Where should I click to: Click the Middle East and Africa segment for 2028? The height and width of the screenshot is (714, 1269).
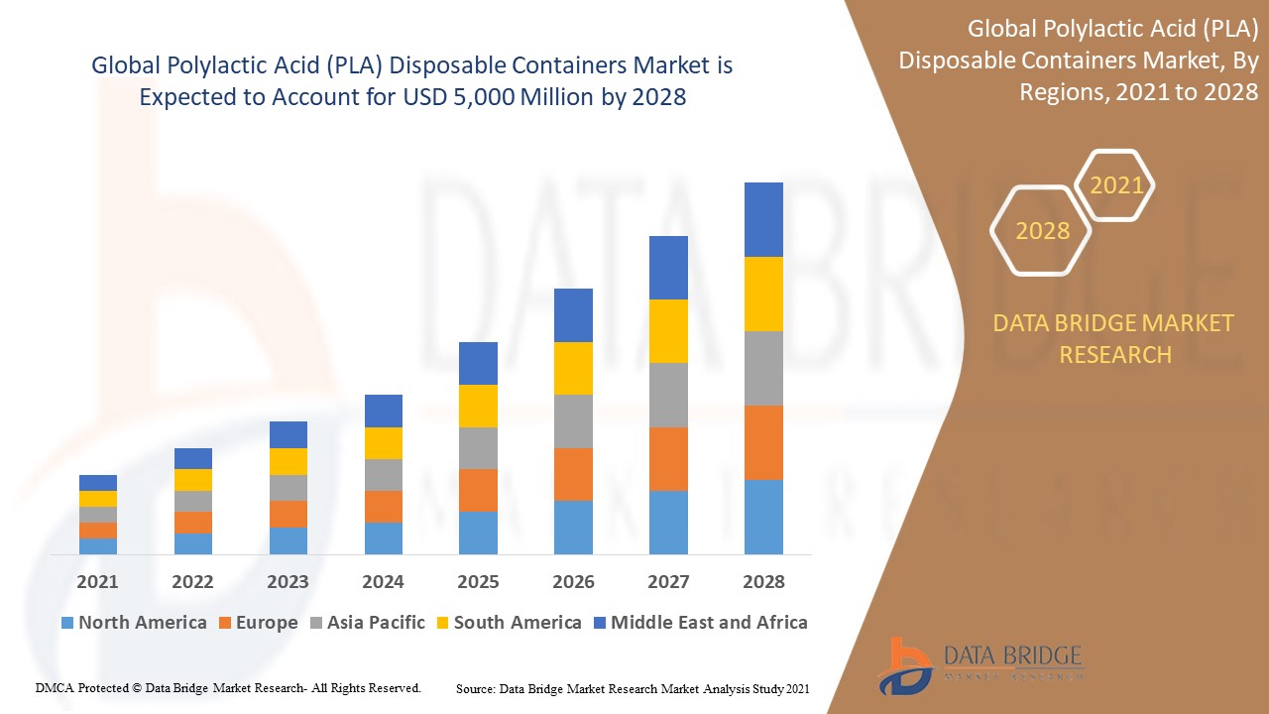tap(763, 219)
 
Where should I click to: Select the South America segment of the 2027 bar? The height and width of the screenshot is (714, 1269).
tap(668, 331)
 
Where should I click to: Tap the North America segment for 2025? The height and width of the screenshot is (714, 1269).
tap(478, 533)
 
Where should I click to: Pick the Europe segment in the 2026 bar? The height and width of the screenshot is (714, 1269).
tap(573, 474)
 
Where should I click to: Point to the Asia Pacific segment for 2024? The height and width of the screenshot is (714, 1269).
tap(384, 475)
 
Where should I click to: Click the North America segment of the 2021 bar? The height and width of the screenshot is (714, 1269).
tap(98, 545)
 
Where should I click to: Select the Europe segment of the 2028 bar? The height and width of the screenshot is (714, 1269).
tap(763, 442)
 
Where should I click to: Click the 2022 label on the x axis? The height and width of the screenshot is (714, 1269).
tap(192, 582)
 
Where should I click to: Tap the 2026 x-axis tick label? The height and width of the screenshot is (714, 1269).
tap(573, 582)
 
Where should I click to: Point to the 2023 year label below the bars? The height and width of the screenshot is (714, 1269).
tap(288, 582)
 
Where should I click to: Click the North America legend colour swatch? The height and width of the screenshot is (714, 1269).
tap(67, 623)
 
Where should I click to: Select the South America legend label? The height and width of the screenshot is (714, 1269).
tap(517, 623)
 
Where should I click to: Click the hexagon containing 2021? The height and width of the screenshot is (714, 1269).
tap(1116, 185)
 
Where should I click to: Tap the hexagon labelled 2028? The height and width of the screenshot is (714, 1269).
tap(1042, 231)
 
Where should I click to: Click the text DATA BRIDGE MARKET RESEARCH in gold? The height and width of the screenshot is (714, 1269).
tap(1115, 338)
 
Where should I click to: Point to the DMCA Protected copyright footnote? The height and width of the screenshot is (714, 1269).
tap(228, 687)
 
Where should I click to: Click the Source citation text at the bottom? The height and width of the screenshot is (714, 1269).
tap(633, 688)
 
